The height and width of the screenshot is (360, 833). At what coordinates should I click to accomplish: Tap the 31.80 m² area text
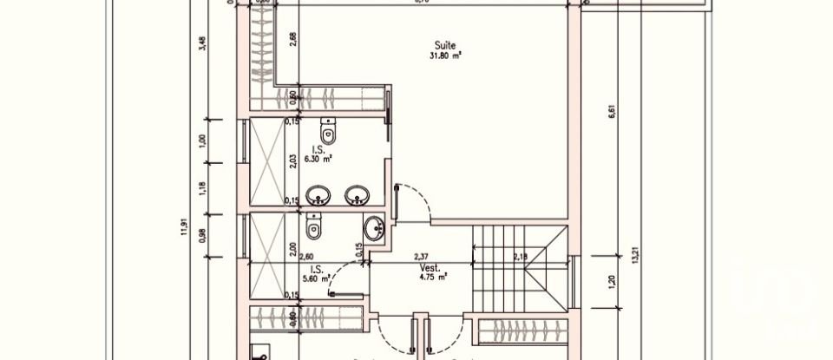tap(445, 56)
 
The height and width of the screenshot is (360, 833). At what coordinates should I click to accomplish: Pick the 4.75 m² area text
tap(430, 278)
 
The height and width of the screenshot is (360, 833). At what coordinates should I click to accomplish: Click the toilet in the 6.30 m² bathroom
tap(328, 132)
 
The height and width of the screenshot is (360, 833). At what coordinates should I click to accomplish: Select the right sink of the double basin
tap(355, 195)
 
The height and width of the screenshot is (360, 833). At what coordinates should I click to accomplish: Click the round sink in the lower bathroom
tap(375, 230)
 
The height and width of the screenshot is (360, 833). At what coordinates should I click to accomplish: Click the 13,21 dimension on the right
tap(638, 256)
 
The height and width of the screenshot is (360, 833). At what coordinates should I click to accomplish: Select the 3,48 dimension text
tap(202, 43)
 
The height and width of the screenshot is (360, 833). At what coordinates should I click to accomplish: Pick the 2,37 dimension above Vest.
tap(421, 255)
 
